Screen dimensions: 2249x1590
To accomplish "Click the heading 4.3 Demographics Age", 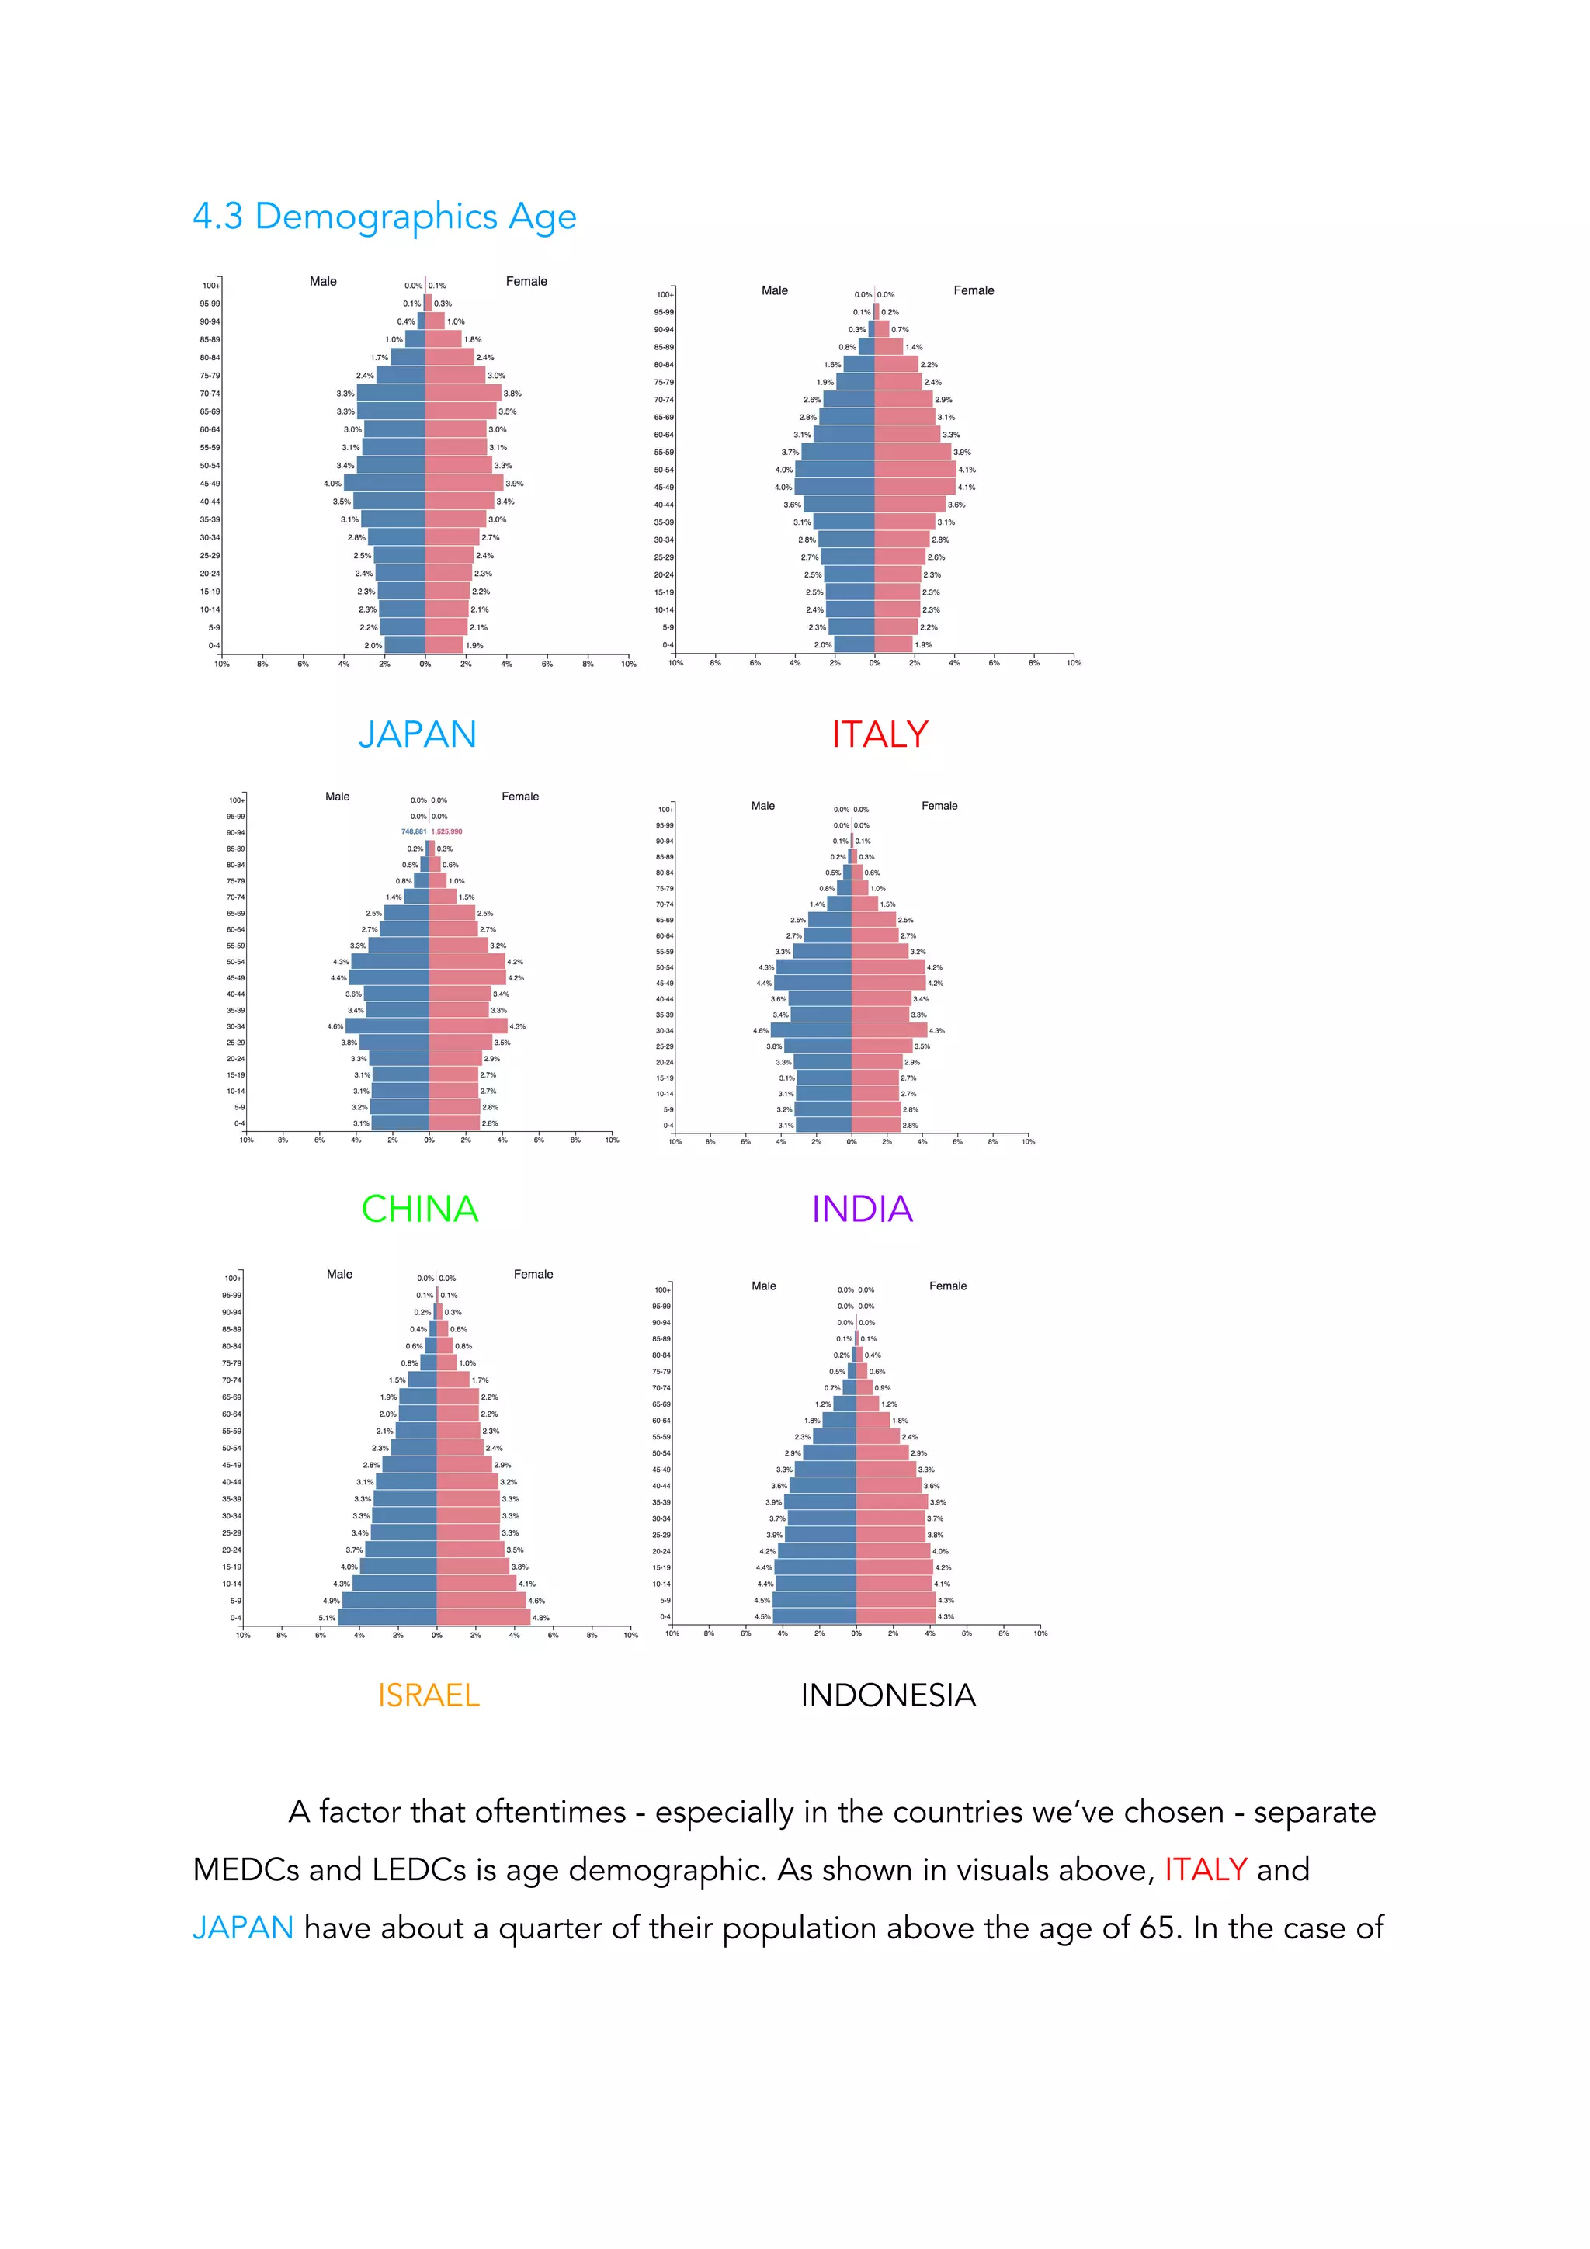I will click(384, 217).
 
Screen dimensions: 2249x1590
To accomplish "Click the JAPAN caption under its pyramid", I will click(418, 734).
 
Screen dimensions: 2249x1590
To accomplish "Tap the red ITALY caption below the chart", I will click(880, 734).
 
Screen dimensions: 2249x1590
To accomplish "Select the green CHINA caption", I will click(419, 1209).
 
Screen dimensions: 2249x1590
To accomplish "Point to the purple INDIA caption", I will click(862, 1209).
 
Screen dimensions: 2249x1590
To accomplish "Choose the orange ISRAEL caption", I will click(428, 1695).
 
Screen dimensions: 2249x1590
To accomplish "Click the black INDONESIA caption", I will click(887, 1695).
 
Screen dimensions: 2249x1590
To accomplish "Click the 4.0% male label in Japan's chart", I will click(332, 484).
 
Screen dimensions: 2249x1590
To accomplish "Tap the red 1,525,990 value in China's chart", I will click(446, 831).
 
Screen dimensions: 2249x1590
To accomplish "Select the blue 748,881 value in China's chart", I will click(414, 831).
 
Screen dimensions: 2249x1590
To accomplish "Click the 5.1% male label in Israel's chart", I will click(326, 1618).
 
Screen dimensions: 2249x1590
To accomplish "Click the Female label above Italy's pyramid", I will click(973, 291).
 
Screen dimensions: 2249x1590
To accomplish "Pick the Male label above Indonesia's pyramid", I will click(763, 1286).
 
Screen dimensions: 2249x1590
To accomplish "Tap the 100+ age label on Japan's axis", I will click(210, 286).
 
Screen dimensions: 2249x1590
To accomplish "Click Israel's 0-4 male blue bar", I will click(387, 1617).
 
